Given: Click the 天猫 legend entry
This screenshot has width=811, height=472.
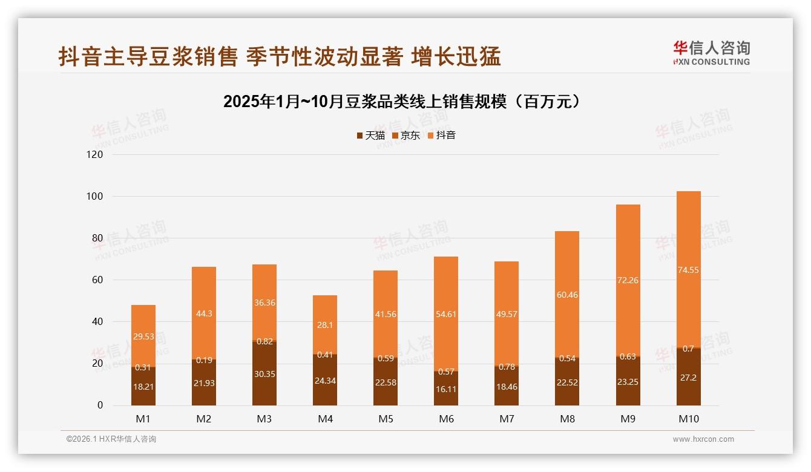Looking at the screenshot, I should (371, 136).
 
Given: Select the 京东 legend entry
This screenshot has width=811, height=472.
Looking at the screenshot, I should (406, 136).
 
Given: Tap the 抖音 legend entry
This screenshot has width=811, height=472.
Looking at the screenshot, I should (442, 136).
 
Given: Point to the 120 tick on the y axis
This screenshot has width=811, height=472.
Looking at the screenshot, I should (96, 154).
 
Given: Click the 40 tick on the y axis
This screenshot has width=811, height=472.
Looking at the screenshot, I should (97, 322).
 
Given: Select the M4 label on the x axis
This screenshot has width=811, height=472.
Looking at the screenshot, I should (325, 419).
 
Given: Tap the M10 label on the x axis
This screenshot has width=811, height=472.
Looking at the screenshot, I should (688, 419).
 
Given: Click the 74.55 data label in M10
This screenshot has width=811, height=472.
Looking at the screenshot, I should (688, 270).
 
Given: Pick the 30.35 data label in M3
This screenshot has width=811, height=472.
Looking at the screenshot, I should (264, 375).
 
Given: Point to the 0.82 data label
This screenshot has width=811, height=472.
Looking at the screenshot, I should (264, 341).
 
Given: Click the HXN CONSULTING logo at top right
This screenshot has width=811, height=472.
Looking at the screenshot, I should (711, 53).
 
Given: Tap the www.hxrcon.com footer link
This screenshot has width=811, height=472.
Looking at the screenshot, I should (703, 439).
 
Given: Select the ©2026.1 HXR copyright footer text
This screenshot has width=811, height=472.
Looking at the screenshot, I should (111, 439).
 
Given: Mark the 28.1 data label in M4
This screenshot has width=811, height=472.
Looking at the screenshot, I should (325, 325).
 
